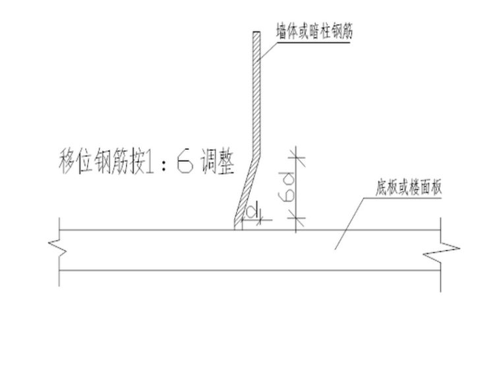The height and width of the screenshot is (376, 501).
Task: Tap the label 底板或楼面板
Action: pyautogui.click(x=408, y=187)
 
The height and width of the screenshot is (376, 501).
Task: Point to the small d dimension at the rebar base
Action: pyautogui.click(x=250, y=212)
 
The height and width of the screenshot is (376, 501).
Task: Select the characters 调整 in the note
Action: pyautogui.click(x=217, y=164)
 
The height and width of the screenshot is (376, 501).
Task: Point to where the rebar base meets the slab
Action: pyautogui.click(x=238, y=228)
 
